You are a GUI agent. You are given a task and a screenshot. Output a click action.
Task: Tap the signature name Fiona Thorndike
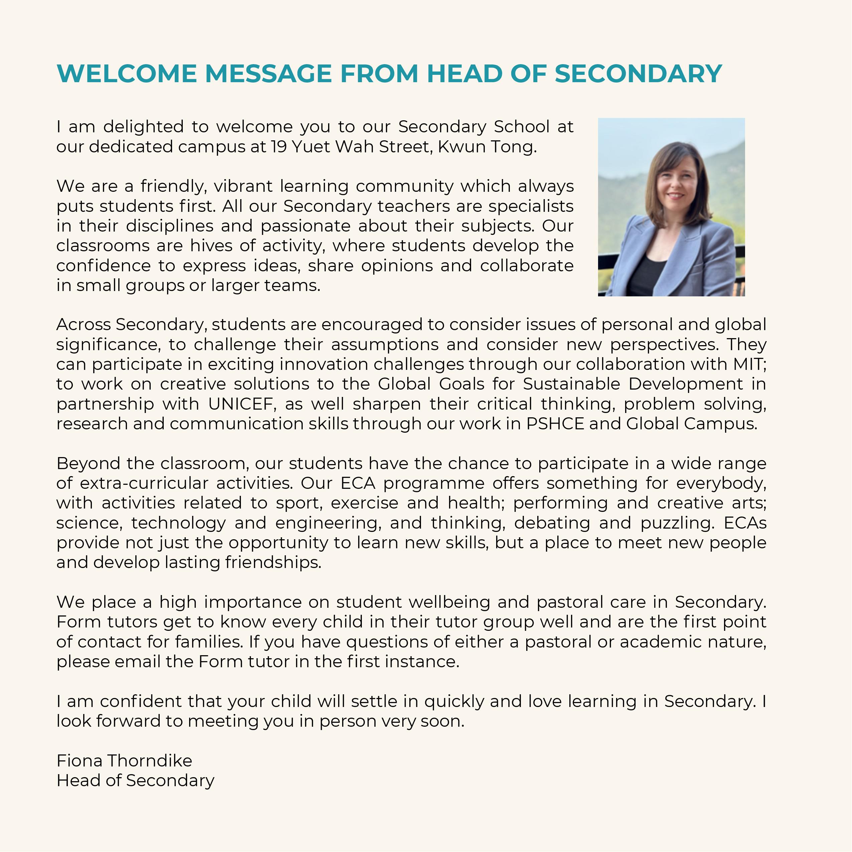pyautogui.click(x=124, y=761)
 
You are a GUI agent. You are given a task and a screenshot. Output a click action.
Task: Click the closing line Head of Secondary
pyautogui.click(x=135, y=780)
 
